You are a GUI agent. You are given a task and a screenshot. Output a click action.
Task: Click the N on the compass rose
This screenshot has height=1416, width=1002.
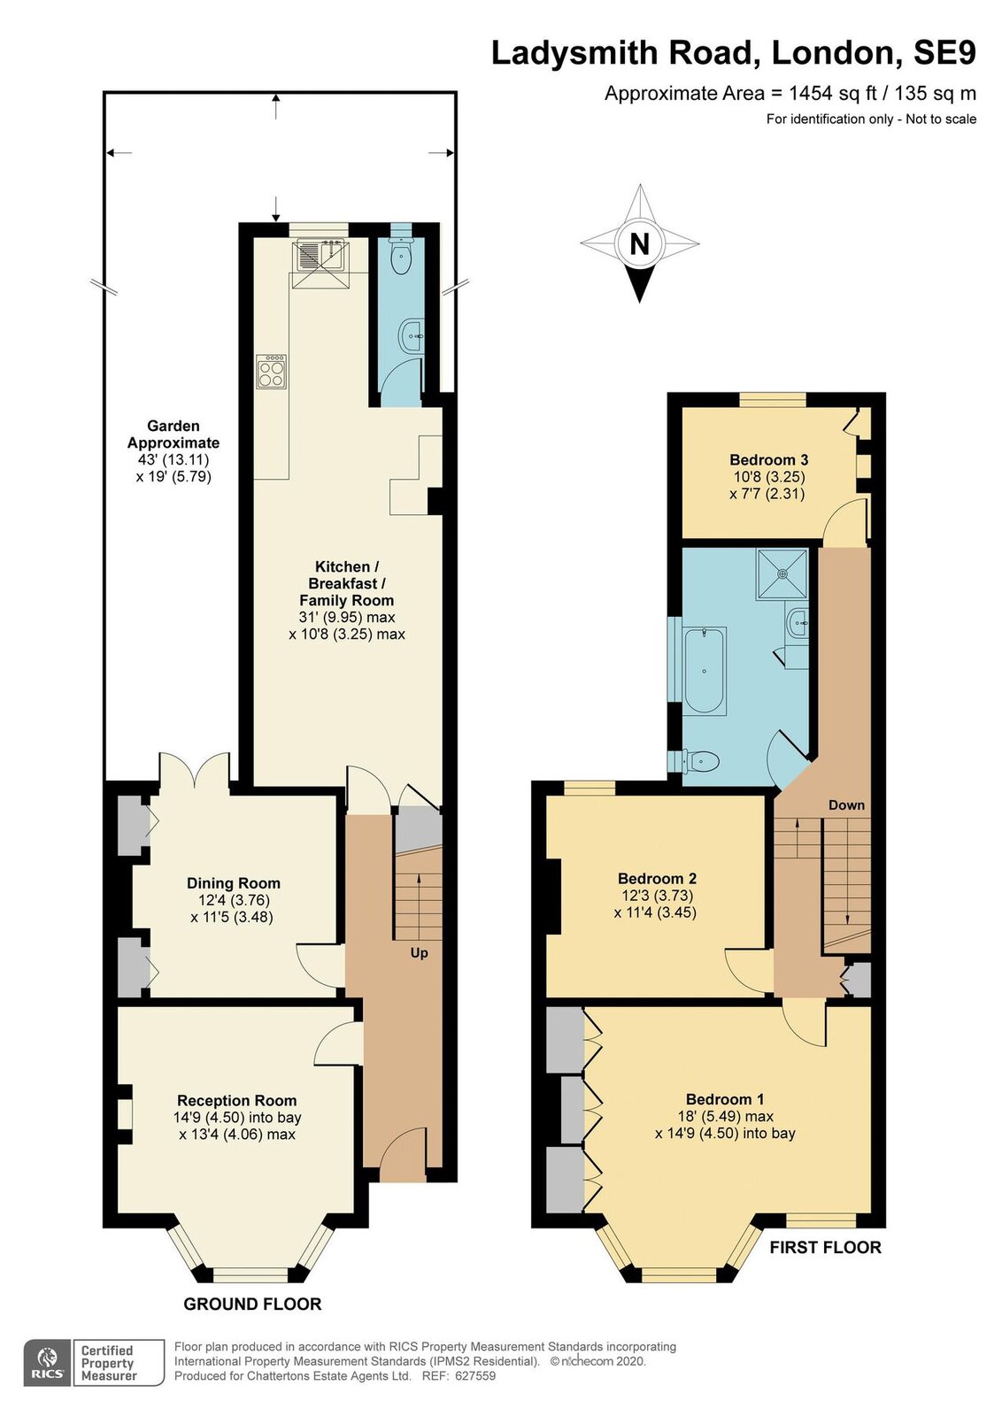tap(640, 244)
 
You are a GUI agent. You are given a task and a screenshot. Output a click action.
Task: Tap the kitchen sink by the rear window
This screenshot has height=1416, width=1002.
tap(320, 256)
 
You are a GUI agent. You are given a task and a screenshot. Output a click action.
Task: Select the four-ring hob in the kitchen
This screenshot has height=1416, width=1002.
tap(271, 371)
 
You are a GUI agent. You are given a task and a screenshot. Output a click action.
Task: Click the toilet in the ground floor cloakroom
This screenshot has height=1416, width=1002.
tap(401, 255)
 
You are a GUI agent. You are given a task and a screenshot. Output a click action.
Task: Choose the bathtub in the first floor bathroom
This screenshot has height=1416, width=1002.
tap(705, 671)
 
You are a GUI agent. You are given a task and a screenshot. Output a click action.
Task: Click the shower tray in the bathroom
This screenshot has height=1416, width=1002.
tap(782, 573)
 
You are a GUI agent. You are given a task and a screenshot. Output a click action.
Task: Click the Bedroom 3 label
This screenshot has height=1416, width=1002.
tap(768, 459)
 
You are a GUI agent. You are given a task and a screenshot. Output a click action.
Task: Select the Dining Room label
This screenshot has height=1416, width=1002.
tap(234, 883)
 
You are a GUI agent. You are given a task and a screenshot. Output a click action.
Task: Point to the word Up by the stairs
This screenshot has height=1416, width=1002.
tap(420, 952)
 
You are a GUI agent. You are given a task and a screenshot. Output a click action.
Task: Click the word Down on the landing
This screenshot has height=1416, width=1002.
tap(846, 804)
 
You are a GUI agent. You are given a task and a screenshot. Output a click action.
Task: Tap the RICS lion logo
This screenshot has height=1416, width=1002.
tap(46, 1357)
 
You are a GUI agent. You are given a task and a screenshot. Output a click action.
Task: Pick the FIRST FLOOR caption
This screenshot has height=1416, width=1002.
tap(825, 1247)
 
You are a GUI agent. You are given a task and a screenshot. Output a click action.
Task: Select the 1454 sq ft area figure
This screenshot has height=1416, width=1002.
tap(833, 94)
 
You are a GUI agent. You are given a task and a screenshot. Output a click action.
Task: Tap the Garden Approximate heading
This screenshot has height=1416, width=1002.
tap(173, 435)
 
